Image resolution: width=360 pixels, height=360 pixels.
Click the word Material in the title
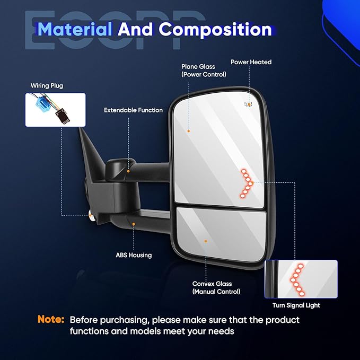pyautogui.click(x=75, y=29)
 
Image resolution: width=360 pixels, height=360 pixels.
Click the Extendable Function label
pyautogui.click(x=133, y=110)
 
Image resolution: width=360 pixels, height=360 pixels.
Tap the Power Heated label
pyautogui.click(x=251, y=62)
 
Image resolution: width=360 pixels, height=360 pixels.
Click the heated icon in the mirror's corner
pyautogui.click(x=248, y=104)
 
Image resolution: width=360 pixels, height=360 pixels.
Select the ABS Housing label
pyautogui.click(x=134, y=255)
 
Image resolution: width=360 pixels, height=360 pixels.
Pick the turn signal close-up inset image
pyautogui.click(x=301, y=279)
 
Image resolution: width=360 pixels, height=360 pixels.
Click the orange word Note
pyautogui.click(x=51, y=320)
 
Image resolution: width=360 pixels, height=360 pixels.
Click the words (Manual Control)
pyautogui.click(x=216, y=292)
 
